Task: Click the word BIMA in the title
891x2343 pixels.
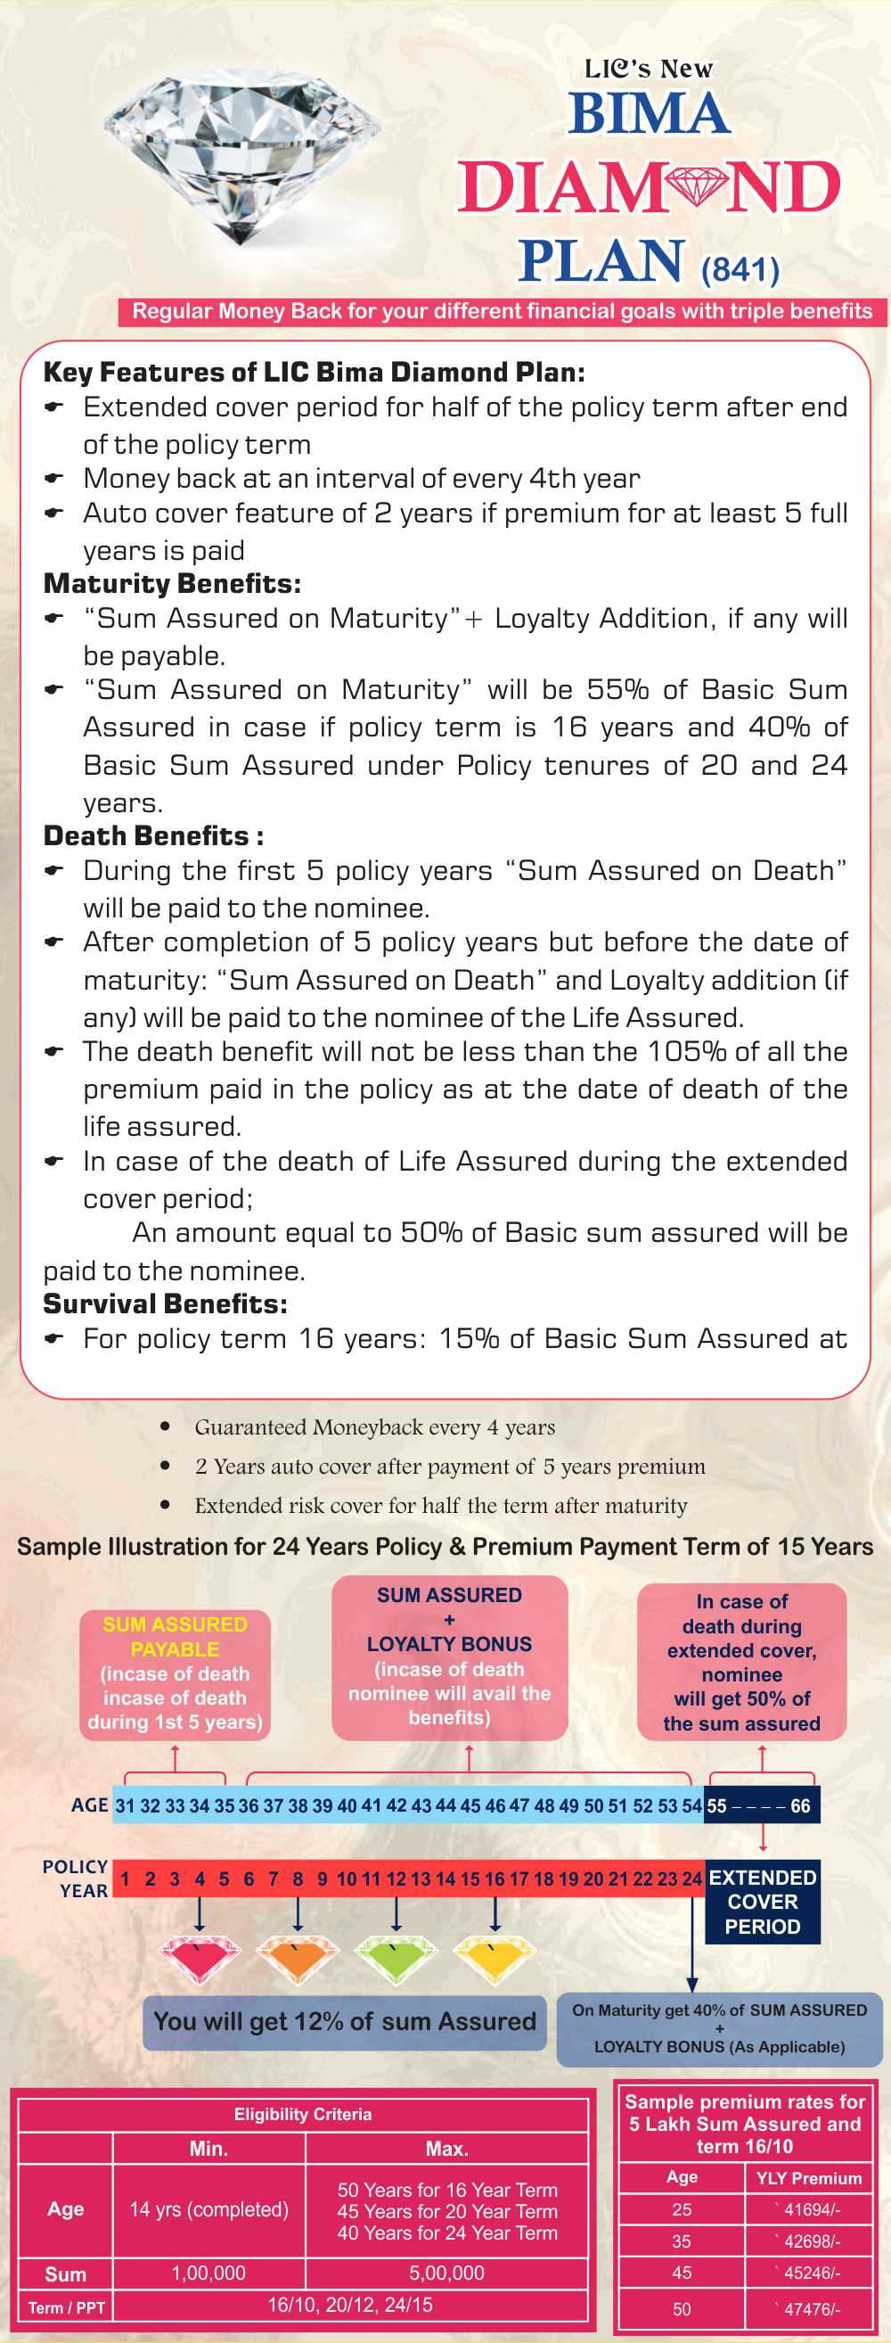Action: click(x=650, y=114)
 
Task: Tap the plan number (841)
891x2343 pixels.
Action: click(x=740, y=269)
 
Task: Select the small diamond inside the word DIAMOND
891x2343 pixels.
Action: click(x=698, y=186)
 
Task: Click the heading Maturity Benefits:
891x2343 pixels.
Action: click(x=172, y=583)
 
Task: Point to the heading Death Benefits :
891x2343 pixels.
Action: click(x=153, y=835)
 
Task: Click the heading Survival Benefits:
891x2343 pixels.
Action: click(x=166, y=1303)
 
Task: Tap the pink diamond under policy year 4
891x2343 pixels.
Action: click(x=200, y=1958)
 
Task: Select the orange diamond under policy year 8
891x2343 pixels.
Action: click(x=298, y=1958)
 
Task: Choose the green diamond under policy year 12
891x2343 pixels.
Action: click(x=396, y=1958)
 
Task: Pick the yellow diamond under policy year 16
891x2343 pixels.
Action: click(x=495, y=1958)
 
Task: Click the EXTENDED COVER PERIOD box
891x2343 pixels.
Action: click(x=762, y=1901)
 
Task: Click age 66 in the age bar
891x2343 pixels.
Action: click(x=800, y=1805)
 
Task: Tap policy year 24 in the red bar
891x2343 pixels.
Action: click(x=692, y=1879)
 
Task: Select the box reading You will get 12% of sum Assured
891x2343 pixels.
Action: click(x=345, y=2021)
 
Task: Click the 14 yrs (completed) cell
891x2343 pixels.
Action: click(x=209, y=2209)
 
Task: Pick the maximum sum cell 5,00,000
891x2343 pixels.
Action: click(x=446, y=2273)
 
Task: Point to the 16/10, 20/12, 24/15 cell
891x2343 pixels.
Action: click(x=350, y=2305)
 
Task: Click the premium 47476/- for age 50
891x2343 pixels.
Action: click(x=810, y=2308)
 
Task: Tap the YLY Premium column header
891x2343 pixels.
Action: click(x=808, y=2177)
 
